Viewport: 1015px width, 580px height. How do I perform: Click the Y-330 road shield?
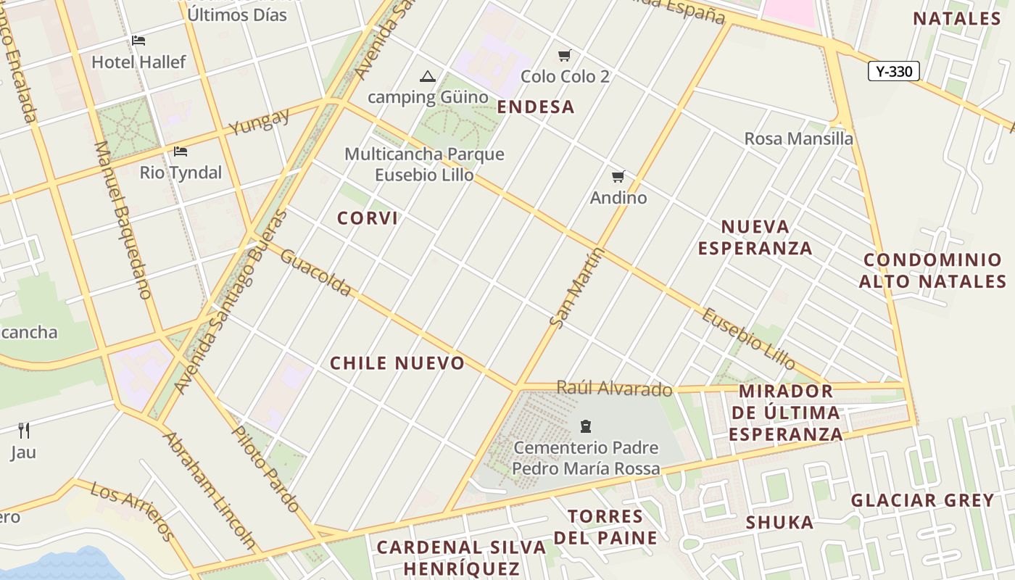click(893, 71)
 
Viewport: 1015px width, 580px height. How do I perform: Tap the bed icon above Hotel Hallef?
click(138, 41)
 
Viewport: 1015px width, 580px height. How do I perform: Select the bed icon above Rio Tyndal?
click(181, 152)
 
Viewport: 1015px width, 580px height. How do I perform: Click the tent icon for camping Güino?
click(427, 76)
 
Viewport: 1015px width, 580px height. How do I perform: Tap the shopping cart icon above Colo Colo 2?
click(565, 55)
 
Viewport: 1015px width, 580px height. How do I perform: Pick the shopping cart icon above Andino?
click(618, 176)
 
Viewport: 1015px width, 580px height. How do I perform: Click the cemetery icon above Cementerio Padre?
click(586, 426)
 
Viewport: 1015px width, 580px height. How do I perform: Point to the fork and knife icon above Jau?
click(24, 431)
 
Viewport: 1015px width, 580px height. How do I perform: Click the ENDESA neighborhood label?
click(536, 107)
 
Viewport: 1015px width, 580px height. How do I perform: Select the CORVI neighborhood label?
click(368, 218)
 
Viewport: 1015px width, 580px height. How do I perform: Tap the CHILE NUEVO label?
click(397, 363)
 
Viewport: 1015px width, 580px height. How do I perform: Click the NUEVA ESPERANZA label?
click(755, 237)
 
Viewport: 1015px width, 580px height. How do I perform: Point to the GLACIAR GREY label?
click(922, 500)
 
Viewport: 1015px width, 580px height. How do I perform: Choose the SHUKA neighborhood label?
click(779, 522)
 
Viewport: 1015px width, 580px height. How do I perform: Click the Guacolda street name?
click(316, 273)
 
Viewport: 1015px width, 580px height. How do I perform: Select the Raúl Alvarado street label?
click(614, 389)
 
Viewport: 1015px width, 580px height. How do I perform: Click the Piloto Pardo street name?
click(265, 468)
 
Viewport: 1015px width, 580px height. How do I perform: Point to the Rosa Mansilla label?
click(798, 138)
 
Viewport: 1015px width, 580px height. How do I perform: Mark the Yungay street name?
click(259, 121)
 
